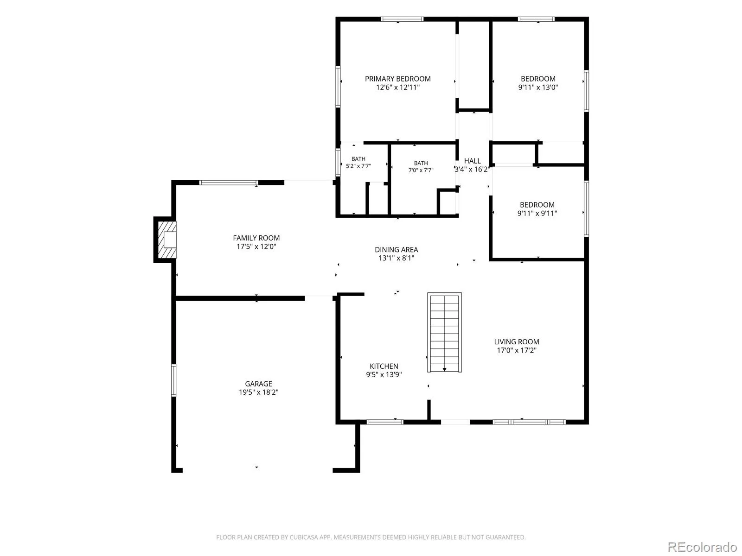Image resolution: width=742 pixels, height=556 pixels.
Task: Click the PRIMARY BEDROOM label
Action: click(x=397, y=79)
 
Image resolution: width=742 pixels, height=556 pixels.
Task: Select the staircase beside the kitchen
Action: click(x=444, y=333)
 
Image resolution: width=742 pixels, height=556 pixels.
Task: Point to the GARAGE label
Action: click(x=259, y=384)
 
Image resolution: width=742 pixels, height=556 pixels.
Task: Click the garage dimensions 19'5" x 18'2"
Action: click(x=259, y=392)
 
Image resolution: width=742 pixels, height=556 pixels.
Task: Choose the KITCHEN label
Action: click(x=384, y=366)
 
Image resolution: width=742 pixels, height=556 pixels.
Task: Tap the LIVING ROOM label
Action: click(x=517, y=342)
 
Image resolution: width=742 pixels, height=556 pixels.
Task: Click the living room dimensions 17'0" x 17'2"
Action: click(x=517, y=350)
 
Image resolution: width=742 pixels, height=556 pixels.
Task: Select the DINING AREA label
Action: click(x=396, y=250)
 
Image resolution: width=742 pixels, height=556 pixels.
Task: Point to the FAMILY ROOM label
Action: click(x=256, y=238)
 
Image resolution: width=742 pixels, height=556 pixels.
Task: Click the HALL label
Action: click(x=472, y=161)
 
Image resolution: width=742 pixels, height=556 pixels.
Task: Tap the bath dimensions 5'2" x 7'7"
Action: click(x=358, y=166)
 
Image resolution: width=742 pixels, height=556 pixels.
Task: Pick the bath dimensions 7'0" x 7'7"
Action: click(x=421, y=171)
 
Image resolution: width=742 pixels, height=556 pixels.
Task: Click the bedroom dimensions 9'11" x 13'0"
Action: click(x=538, y=88)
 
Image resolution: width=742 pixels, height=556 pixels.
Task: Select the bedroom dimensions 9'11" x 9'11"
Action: click(x=537, y=213)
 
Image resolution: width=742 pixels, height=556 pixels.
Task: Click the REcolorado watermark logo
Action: click(x=702, y=547)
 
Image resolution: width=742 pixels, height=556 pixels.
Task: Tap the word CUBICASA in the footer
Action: click(x=304, y=537)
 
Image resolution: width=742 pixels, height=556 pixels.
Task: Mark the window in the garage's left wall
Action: click(x=174, y=380)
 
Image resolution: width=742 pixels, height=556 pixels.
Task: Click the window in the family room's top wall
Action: click(x=229, y=183)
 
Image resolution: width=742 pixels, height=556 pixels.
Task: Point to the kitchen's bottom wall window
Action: click(x=385, y=422)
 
